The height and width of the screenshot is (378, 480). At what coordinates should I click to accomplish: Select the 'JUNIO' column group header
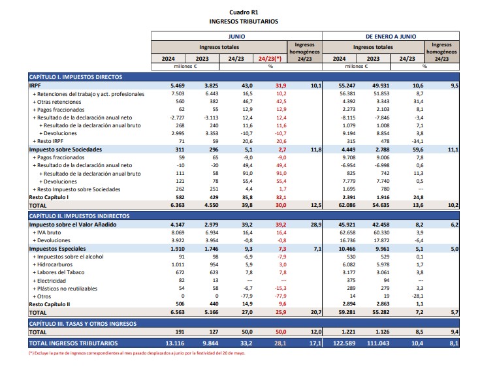tap(236, 37)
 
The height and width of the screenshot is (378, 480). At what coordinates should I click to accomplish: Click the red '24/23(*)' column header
tap(270, 58)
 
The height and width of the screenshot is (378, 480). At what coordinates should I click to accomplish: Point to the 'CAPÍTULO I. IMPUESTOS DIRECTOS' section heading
tap(76, 77)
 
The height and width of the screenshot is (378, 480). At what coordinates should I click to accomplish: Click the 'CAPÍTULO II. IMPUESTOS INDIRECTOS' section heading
tap(79, 215)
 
